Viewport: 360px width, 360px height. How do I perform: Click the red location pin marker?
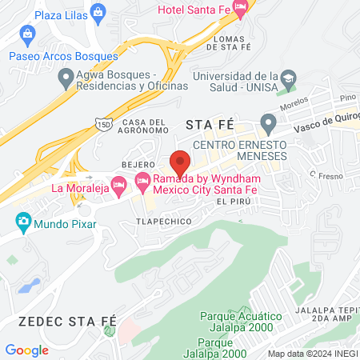point(180,162)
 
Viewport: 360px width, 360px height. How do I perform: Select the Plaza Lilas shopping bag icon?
point(98,11)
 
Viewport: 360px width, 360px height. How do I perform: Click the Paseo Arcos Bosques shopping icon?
point(28,34)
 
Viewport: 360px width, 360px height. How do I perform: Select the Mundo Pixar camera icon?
point(22,220)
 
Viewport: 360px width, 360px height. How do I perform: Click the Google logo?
point(27,350)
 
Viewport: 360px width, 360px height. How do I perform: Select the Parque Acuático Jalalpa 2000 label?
point(239,322)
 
